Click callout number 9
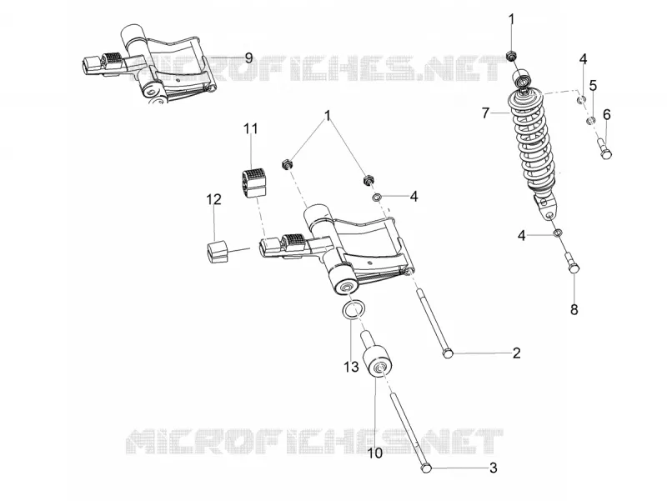tap(248, 58)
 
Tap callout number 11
tap(251, 128)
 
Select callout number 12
tap(214, 199)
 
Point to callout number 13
tap(351, 367)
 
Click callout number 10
tap(374, 453)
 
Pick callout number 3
tap(494, 468)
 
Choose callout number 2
tap(516, 353)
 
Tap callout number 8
tap(574, 309)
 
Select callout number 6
tap(607, 114)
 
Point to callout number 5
tap(593, 86)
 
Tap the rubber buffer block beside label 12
tap(217, 253)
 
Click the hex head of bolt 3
tap(426, 468)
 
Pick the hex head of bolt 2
tap(447, 353)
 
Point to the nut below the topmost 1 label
tap(512, 55)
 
